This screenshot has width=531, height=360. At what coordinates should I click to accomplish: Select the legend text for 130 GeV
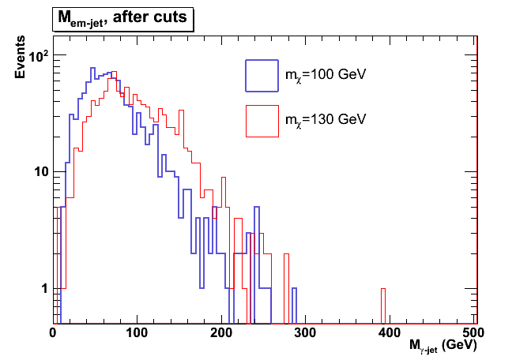326,120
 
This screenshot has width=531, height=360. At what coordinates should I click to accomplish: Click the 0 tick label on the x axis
52,333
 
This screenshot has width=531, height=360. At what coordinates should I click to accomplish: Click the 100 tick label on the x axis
137,333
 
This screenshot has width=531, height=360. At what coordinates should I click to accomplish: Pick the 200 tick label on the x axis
221,333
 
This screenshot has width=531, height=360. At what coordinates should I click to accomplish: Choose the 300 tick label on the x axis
306,333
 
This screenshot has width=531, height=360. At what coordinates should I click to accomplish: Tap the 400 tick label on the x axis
390,333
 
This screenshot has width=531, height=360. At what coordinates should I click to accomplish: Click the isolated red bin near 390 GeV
383,306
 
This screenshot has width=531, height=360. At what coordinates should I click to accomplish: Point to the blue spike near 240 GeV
257,237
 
